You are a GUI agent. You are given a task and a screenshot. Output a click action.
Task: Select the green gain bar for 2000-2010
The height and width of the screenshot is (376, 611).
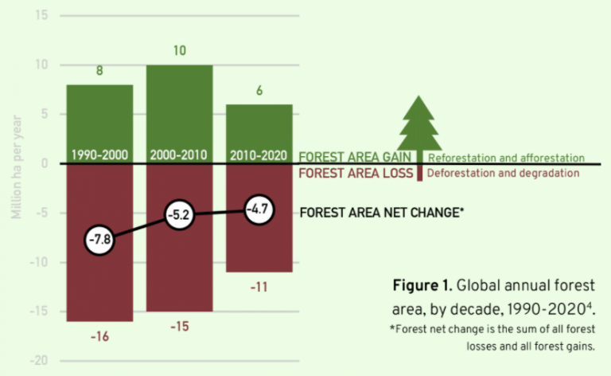pos(179,104)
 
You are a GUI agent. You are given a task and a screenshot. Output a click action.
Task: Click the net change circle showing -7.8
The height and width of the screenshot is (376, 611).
pos(99,238)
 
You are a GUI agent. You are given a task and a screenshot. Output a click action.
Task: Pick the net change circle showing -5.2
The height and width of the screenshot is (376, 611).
pos(179,214)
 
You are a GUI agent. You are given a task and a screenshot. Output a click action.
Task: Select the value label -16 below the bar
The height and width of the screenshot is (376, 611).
pos(99,336)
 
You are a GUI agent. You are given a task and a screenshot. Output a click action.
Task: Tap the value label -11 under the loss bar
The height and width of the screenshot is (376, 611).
pos(259,287)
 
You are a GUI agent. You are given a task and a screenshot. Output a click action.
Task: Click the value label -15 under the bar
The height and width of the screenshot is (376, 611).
pos(179,327)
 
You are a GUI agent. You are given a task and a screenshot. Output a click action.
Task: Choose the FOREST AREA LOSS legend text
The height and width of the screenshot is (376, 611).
pos(355,173)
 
